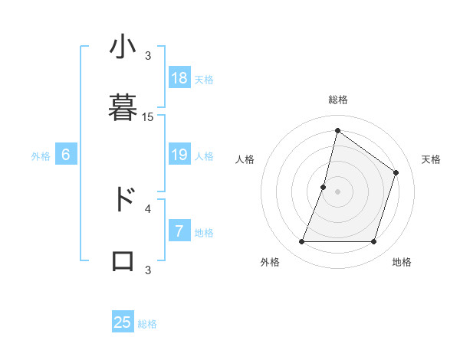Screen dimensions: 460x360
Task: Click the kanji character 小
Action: click(x=123, y=47)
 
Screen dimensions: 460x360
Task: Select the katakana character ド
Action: click(x=123, y=199)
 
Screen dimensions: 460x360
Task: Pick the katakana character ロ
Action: click(x=123, y=260)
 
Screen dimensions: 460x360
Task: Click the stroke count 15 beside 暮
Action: click(x=148, y=117)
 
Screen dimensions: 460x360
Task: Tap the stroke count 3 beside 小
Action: click(x=148, y=56)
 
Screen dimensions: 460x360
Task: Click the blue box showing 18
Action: click(x=179, y=78)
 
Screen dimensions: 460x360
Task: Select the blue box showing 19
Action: click(x=179, y=155)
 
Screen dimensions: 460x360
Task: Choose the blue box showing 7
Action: click(x=179, y=231)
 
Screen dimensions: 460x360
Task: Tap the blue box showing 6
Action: click(x=66, y=155)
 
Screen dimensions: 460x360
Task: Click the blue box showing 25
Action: click(x=123, y=322)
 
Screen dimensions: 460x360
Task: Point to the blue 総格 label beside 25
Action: click(x=148, y=324)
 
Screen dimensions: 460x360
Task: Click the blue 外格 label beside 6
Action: click(x=41, y=155)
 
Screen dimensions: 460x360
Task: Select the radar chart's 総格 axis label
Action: click(x=338, y=100)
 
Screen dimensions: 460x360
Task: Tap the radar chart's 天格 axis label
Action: click(x=431, y=159)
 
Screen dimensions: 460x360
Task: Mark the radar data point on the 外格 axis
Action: click(x=302, y=242)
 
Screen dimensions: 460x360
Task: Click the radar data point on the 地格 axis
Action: click(x=373, y=242)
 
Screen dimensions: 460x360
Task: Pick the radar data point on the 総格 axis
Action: click(x=337, y=130)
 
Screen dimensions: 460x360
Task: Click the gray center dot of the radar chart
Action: click(x=337, y=191)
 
